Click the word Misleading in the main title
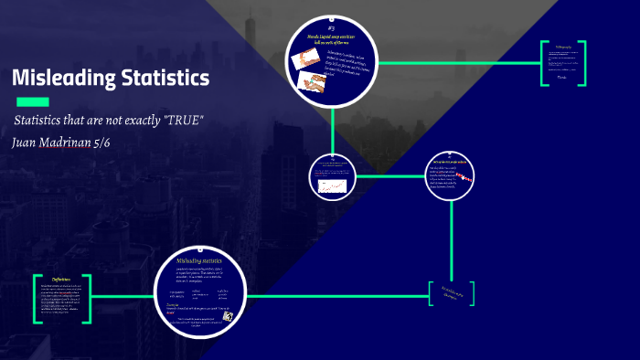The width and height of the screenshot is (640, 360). (60, 79)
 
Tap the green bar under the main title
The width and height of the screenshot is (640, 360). (30, 101)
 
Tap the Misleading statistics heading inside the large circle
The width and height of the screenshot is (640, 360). (199, 261)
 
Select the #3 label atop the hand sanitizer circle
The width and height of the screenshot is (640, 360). (331, 28)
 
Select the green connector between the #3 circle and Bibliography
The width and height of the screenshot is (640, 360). (456, 63)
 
